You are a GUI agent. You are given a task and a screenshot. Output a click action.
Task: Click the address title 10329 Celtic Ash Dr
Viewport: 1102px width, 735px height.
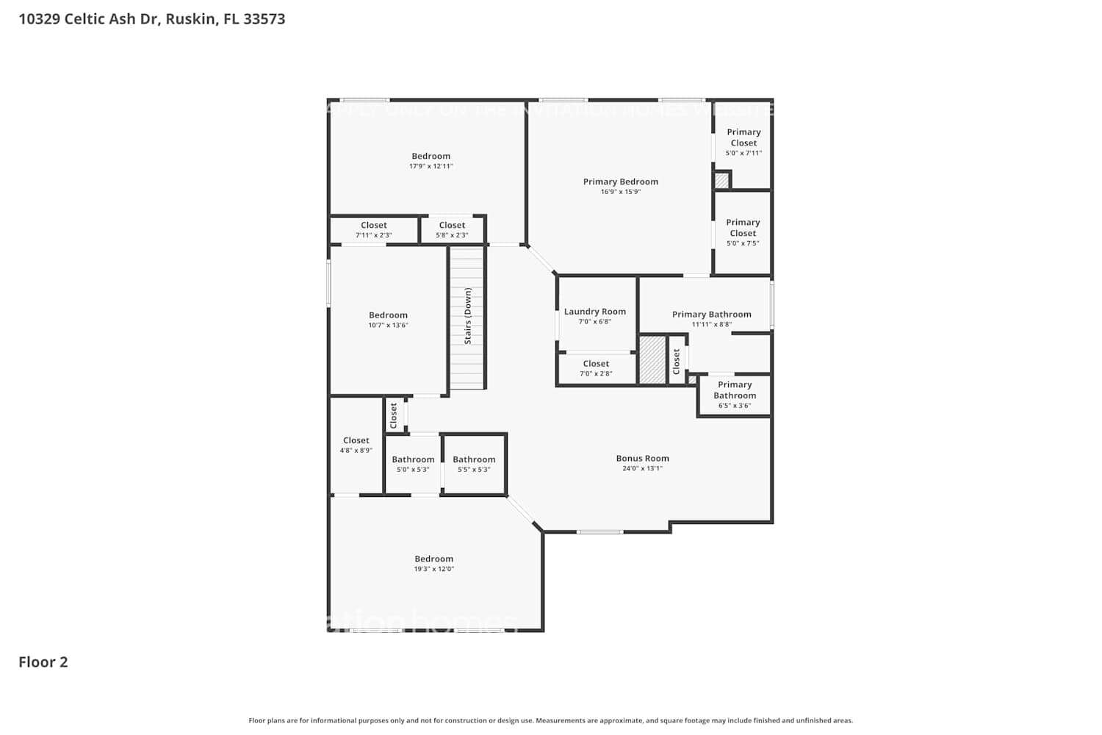pyautogui.click(x=151, y=19)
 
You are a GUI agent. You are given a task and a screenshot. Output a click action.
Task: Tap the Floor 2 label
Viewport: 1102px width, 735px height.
pyautogui.click(x=43, y=661)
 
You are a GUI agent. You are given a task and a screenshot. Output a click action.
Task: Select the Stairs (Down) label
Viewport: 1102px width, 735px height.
pyautogui.click(x=468, y=316)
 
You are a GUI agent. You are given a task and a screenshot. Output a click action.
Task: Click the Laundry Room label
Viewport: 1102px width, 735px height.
pyautogui.click(x=594, y=312)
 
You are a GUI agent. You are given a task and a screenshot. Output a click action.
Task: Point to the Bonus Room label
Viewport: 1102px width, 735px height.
pyautogui.click(x=642, y=458)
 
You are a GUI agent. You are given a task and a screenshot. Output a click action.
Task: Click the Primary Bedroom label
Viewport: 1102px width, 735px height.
pyautogui.click(x=620, y=182)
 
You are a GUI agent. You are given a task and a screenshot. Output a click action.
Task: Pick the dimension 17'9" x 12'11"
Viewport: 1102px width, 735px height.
pyautogui.click(x=431, y=166)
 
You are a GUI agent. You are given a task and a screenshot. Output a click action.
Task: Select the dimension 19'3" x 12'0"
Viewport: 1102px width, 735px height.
pyautogui.click(x=433, y=569)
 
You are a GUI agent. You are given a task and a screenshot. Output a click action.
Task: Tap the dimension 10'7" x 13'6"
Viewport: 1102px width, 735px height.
pyautogui.click(x=388, y=325)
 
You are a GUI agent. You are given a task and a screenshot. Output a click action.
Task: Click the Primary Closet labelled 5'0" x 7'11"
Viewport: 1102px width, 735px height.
pyautogui.click(x=743, y=137)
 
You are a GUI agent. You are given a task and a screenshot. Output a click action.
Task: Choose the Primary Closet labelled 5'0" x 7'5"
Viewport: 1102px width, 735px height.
pyautogui.click(x=743, y=228)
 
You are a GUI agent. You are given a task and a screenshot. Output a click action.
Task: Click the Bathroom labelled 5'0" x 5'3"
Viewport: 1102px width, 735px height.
pyautogui.click(x=413, y=459)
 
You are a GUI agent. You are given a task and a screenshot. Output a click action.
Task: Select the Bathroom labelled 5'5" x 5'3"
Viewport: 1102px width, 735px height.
pyautogui.click(x=474, y=459)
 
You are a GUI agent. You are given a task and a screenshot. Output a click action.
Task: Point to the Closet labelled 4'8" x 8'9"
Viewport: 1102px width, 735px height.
pyautogui.click(x=356, y=440)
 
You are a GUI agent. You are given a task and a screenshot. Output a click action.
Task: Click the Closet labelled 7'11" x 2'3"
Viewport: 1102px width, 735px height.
pyautogui.click(x=373, y=226)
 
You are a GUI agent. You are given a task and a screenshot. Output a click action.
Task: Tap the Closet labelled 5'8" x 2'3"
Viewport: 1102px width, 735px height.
pyautogui.click(x=452, y=226)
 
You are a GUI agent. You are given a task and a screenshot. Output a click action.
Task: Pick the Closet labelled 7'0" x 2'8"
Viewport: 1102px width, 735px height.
pyautogui.click(x=596, y=364)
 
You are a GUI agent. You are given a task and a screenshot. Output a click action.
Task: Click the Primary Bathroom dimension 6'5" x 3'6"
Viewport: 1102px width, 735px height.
pyautogui.click(x=734, y=406)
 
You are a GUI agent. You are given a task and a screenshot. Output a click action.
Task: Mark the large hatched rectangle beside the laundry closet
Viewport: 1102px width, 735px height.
pyautogui.click(x=652, y=359)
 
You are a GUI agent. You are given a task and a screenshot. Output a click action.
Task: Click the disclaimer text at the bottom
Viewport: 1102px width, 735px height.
pyautogui.click(x=550, y=721)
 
